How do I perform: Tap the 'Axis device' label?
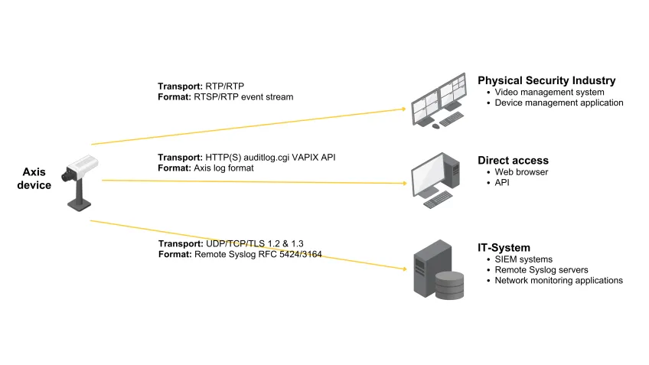point(34,178)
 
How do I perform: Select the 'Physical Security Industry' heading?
point(546,80)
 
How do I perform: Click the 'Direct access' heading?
point(513,161)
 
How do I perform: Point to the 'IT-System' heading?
point(504,248)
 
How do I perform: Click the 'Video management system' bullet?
point(550,92)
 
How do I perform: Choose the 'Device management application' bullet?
point(559,103)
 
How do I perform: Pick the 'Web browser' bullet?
point(521,172)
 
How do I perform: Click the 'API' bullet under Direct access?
point(503,183)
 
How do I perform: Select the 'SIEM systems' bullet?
point(523,259)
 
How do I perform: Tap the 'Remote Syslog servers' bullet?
point(541,270)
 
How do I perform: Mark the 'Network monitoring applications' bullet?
point(559,281)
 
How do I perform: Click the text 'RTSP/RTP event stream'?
point(244,97)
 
